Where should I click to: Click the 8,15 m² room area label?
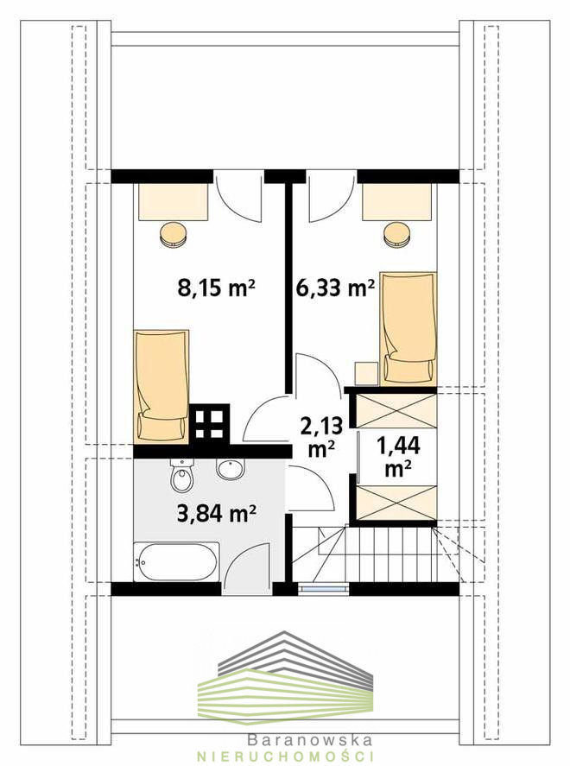(217, 288)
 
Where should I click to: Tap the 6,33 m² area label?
(335, 288)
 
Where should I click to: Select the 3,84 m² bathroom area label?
(217, 513)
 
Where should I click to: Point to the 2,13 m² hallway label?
(321, 436)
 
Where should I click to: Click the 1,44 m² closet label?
(397, 457)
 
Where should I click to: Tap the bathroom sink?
(230, 469)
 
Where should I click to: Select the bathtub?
(177, 562)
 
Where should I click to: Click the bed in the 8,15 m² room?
(161, 386)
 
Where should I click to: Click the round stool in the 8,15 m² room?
(173, 233)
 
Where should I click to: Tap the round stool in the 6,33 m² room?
(396, 233)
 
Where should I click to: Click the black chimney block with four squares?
(210, 424)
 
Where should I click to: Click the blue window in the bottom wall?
(323, 589)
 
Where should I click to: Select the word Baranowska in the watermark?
(310, 739)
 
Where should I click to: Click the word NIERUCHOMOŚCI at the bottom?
(286, 757)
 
